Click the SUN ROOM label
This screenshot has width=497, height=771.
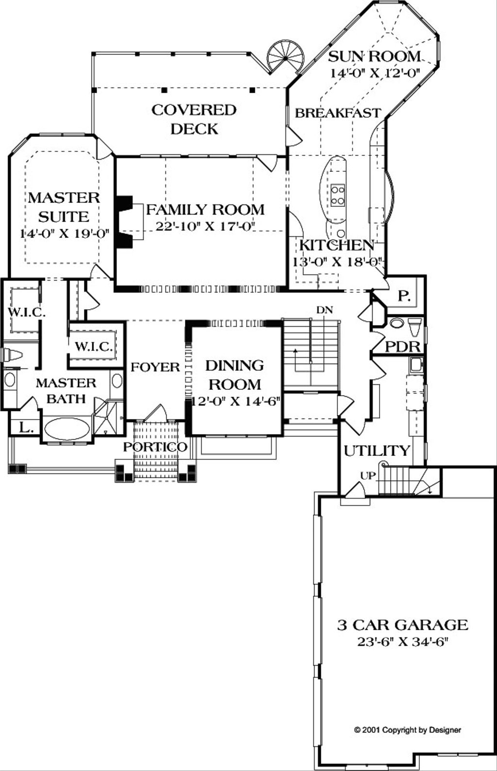[374, 56]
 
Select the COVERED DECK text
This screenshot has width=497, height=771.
[194, 119]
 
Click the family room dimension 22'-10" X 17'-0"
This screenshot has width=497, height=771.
[205, 226]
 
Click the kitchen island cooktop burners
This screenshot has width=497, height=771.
[337, 195]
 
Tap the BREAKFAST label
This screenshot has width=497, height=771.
[338, 113]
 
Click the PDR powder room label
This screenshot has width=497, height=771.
[403, 347]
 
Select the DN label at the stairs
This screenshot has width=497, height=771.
[325, 310]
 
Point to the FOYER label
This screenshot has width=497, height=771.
[155, 367]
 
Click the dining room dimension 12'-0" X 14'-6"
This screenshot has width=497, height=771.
[235, 402]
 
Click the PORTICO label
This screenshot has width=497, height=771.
[155, 447]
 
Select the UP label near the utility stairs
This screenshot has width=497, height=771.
[368, 476]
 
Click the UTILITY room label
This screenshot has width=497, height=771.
[377, 451]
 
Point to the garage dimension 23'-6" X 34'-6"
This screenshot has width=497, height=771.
[403, 641]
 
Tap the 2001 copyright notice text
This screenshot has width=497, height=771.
[408, 729]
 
